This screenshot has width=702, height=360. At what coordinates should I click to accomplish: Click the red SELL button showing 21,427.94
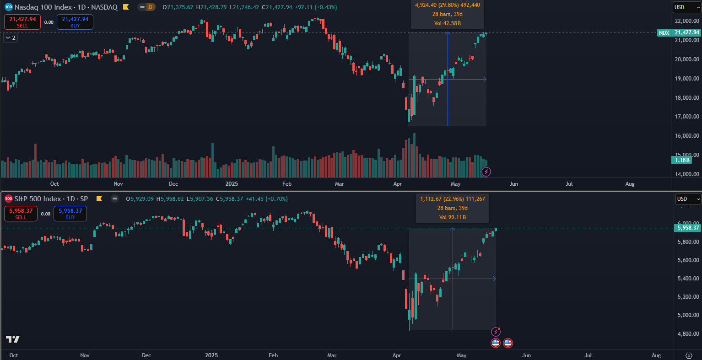[22, 22]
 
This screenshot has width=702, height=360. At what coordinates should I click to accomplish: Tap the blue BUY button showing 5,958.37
[70, 214]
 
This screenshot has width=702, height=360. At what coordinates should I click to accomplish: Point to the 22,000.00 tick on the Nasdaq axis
[687, 21]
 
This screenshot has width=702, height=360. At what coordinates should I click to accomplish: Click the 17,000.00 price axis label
[687, 117]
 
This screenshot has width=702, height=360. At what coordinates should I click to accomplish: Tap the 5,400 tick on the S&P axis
[688, 279]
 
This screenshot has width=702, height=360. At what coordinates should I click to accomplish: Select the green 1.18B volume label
[681, 160]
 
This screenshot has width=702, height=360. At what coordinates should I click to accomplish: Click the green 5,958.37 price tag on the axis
[688, 228]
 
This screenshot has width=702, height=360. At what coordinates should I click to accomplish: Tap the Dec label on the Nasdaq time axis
[173, 184]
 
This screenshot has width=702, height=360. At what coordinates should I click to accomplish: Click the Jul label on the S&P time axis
[589, 355]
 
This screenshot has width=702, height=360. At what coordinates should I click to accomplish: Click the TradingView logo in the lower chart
[12, 339]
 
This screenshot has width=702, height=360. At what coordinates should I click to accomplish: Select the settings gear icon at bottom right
[689, 355]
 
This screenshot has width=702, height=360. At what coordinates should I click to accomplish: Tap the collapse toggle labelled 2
[11, 38]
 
